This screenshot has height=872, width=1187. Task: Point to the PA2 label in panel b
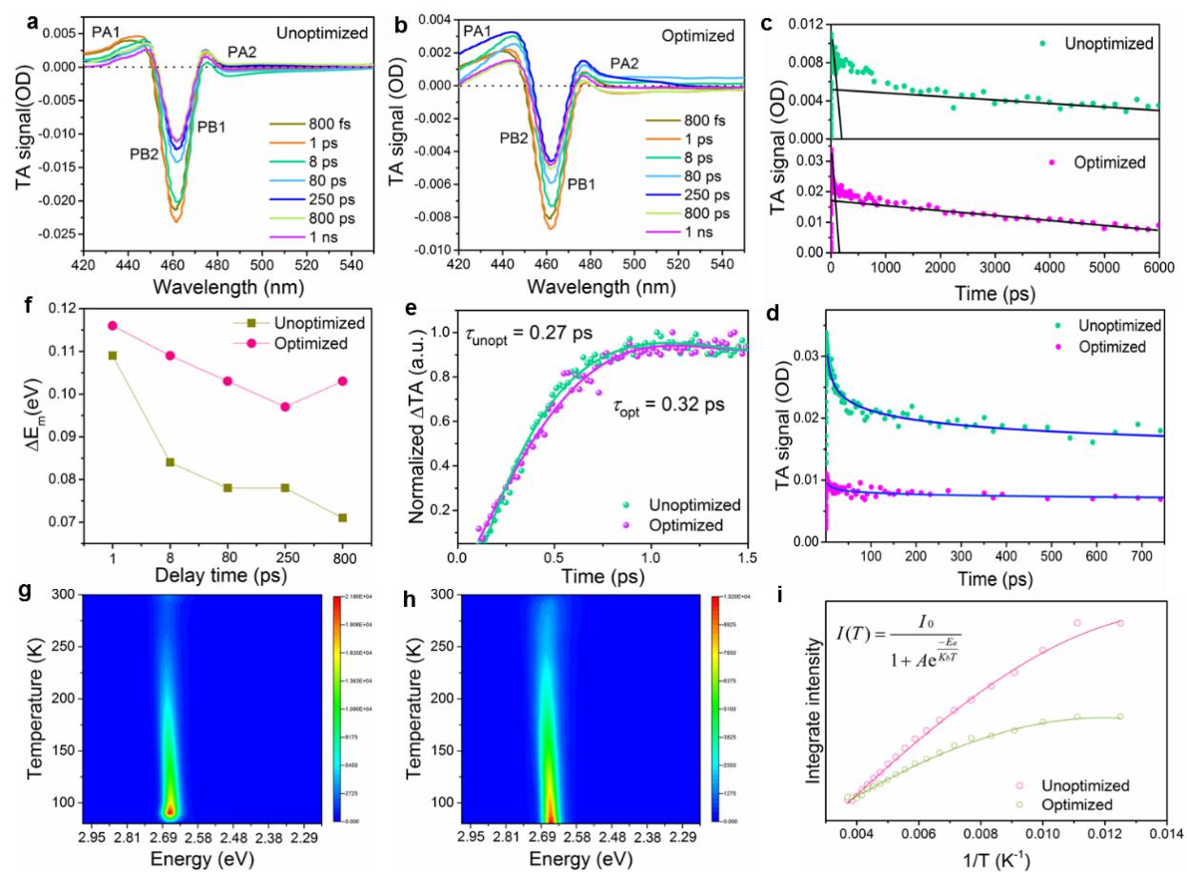(624, 63)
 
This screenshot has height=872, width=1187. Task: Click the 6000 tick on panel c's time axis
(1157, 270)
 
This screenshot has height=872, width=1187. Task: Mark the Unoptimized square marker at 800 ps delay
(342, 517)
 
